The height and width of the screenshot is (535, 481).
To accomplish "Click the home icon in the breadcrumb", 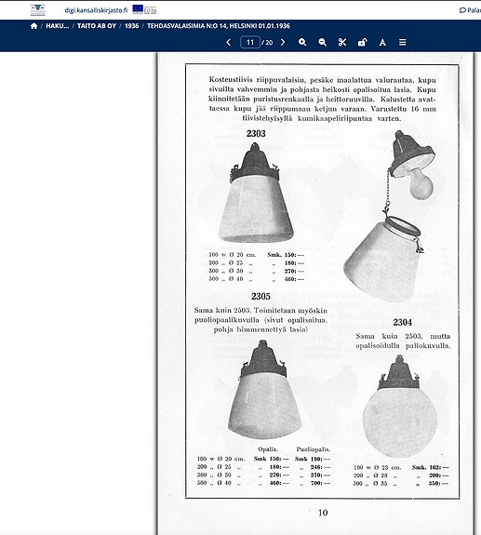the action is tap(34, 26).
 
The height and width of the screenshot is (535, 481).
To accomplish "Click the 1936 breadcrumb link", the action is tap(131, 26).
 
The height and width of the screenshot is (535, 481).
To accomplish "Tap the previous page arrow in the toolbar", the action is tap(228, 43).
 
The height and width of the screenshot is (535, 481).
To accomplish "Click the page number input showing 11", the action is tap(249, 43).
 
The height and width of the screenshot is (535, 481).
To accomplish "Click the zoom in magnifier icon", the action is tap(302, 43).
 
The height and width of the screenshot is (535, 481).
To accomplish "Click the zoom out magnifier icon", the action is tap(323, 43).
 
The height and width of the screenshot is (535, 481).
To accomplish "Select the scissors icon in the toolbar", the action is tap(342, 43).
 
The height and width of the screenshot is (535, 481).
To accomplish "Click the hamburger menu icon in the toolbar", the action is tap(403, 43).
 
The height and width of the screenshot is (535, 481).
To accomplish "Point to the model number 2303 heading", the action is tap(256, 134).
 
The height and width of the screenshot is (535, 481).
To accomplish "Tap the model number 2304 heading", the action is tap(402, 322).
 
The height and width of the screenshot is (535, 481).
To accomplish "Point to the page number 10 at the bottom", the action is tap(323, 512).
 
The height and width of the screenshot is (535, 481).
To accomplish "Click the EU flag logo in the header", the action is tap(139, 9).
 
